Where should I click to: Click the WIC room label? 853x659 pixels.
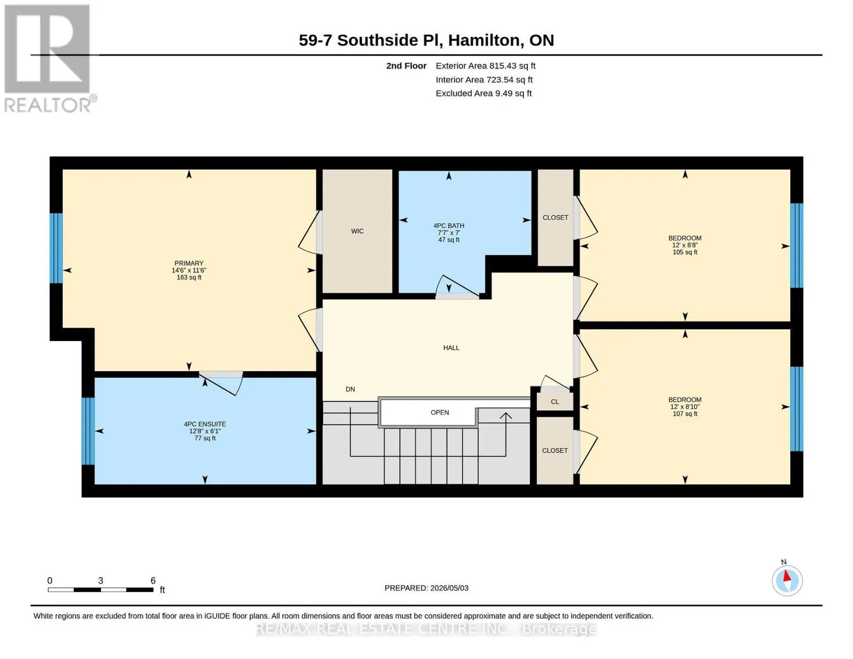pyautogui.click(x=357, y=231)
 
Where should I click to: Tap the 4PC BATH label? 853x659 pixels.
pyautogui.click(x=449, y=226)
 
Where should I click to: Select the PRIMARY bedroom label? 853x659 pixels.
pyautogui.click(x=189, y=264)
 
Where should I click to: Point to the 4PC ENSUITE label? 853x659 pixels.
pyautogui.click(x=205, y=425)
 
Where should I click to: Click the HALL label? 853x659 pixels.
pyautogui.click(x=451, y=348)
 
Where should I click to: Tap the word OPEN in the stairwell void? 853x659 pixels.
pyautogui.click(x=439, y=412)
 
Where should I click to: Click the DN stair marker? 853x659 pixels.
pyautogui.click(x=350, y=389)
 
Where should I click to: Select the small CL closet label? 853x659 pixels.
pyautogui.click(x=555, y=402)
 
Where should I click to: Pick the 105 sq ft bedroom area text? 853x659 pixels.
pyautogui.click(x=685, y=253)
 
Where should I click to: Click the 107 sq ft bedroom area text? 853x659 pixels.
pyautogui.click(x=685, y=414)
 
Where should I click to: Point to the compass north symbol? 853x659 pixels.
pyautogui.click(x=787, y=580)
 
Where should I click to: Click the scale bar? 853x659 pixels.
pyautogui.click(x=101, y=590)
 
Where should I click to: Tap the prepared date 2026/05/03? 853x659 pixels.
pyautogui.click(x=449, y=588)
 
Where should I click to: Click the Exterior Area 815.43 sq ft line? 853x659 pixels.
pyautogui.click(x=486, y=66)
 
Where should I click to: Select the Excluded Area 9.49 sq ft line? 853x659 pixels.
pyautogui.click(x=483, y=93)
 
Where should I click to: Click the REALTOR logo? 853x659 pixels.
pyautogui.click(x=49, y=59)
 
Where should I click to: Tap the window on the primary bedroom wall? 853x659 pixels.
pyautogui.click(x=56, y=248)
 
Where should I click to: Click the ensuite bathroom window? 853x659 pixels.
pyautogui.click(x=88, y=431)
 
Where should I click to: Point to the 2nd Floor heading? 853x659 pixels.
pyautogui.click(x=406, y=66)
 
